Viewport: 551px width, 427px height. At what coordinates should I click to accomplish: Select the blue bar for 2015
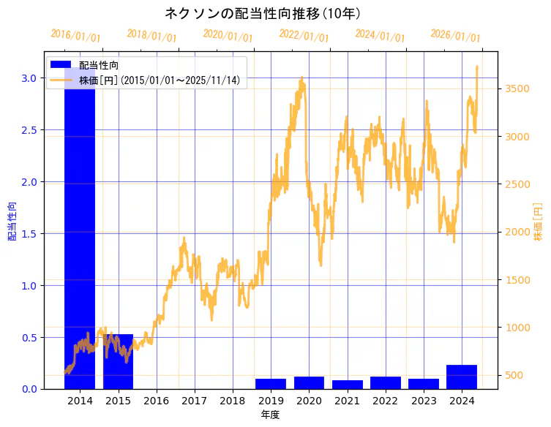(118, 361)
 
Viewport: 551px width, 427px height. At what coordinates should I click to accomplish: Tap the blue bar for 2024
(462, 377)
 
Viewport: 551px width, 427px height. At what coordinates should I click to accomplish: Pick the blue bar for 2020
(309, 382)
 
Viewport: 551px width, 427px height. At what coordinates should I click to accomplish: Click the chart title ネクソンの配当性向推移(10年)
(263, 13)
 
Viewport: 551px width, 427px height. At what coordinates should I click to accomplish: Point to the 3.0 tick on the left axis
(30, 78)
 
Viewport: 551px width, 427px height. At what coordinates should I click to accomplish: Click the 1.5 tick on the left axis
(30, 234)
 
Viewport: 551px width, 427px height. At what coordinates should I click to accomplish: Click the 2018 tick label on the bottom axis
(233, 401)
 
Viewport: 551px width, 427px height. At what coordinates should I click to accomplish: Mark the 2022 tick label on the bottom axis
(385, 401)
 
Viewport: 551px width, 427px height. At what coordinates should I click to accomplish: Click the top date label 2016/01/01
(76, 36)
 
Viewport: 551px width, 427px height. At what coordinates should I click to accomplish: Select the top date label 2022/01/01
(304, 36)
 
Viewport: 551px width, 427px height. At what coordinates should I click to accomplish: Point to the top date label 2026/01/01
(455, 36)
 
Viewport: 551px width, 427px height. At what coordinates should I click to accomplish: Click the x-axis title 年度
(270, 415)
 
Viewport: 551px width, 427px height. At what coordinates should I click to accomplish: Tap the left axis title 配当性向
(12, 222)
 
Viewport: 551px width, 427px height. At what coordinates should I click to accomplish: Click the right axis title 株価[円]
(538, 222)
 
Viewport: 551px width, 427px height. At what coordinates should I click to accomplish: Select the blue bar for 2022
(385, 382)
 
